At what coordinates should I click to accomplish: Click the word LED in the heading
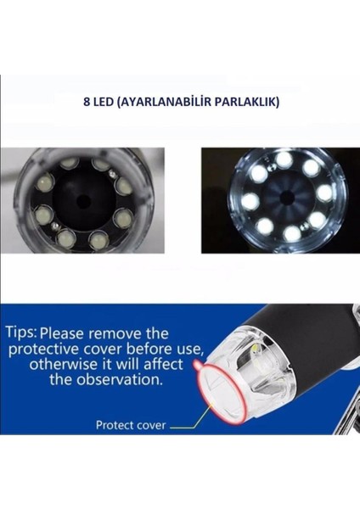(104, 100)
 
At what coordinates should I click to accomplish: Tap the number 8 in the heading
(87, 100)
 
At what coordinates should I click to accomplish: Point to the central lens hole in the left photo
(82, 200)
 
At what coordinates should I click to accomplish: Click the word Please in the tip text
(70, 333)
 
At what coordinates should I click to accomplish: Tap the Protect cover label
(131, 425)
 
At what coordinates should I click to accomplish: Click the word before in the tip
(153, 349)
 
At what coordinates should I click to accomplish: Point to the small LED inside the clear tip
(252, 350)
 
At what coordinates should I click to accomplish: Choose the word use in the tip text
(188, 350)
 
